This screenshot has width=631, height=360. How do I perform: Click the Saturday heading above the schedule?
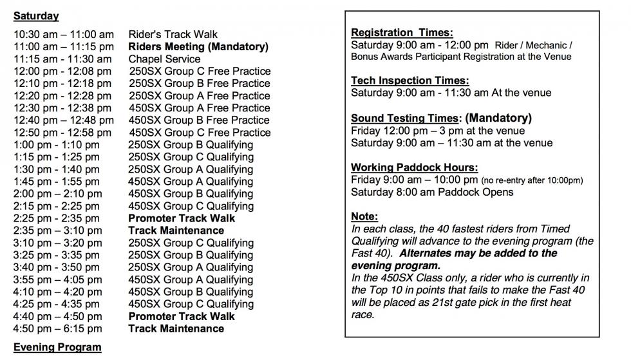[x=36, y=16]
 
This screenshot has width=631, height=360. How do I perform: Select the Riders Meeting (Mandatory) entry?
[x=198, y=46]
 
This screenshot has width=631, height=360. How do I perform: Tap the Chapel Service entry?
[x=164, y=59]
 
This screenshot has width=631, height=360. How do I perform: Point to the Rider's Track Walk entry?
[x=173, y=34]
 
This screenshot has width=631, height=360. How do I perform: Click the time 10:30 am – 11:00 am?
[x=63, y=34]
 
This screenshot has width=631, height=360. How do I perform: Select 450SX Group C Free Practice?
[x=200, y=132]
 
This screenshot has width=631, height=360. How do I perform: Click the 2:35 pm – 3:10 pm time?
[x=57, y=230]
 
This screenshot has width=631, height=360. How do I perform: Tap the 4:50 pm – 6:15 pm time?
[x=57, y=328]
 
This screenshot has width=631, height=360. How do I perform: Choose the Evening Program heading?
[x=57, y=347]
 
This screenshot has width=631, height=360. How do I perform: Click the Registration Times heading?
[x=402, y=32]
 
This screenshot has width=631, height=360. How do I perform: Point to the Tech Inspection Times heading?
[x=410, y=81]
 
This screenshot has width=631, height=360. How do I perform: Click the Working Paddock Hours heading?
[x=414, y=167]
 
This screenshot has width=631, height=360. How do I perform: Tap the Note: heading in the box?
[x=364, y=216]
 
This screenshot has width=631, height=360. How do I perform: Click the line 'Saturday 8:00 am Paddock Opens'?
[x=432, y=192]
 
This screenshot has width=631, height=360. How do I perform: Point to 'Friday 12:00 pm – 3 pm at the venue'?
[x=438, y=131]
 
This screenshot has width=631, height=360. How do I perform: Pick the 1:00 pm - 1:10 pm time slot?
[x=57, y=144]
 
